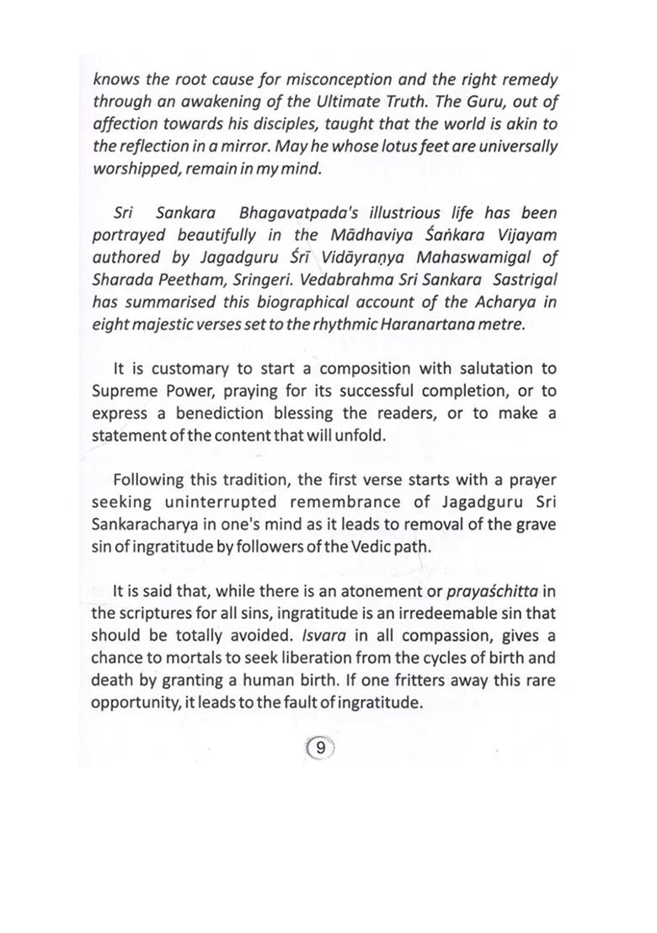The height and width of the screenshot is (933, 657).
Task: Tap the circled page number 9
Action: (x=321, y=745)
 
